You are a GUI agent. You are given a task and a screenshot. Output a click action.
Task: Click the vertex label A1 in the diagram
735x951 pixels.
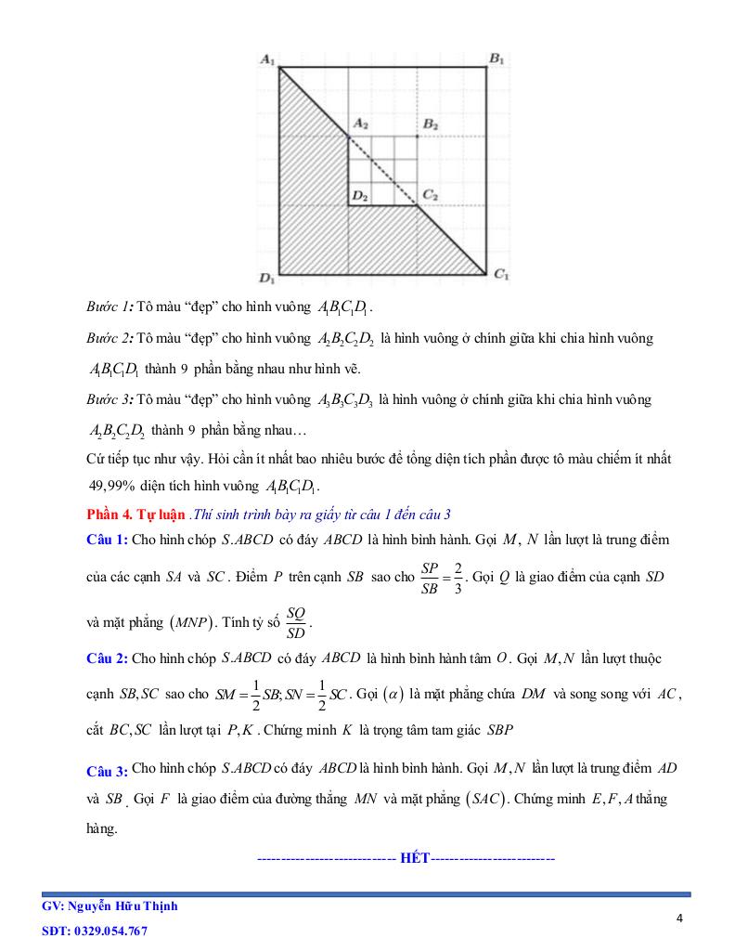pyautogui.click(x=266, y=60)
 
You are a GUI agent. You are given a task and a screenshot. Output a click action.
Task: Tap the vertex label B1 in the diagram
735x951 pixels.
pyautogui.click(x=496, y=60)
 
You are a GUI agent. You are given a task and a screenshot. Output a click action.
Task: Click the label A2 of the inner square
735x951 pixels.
pyautogui.click(x=360, y=124)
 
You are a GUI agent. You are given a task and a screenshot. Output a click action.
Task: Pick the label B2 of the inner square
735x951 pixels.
pyautogui.click(x=430, y=124)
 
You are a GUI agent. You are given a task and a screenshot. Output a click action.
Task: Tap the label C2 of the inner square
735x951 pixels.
pyautogui.click(x=430, y=195)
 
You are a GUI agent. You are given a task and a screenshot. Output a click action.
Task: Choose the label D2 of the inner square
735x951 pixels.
pyautogui.click(x=360, y=195)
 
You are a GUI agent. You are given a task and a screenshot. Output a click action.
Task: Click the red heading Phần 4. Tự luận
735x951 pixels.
pyautogui.click(x=135, y=515)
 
